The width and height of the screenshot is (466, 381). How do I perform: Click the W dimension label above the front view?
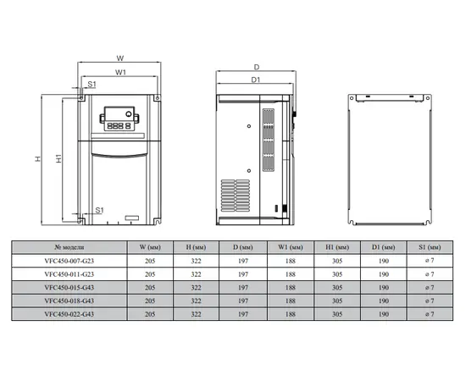(120, 58)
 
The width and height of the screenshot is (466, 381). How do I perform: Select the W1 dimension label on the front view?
(120, 72)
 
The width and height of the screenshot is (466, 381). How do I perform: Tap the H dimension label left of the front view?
(38, 158)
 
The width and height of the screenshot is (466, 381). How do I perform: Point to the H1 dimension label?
(58, 158)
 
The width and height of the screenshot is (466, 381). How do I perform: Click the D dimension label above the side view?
(257, 67)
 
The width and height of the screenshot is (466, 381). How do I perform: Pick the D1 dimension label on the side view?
(256, 80)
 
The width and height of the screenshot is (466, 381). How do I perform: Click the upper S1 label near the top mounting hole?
(92, 85)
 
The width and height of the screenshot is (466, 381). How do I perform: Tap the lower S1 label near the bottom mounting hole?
(100, 210)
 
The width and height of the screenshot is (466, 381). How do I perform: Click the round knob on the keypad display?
(129, 113)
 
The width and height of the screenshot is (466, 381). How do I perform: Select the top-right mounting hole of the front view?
(158, 97)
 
